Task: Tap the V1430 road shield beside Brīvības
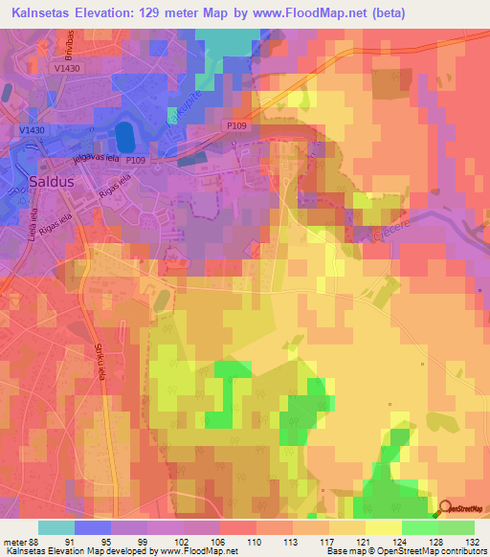(68, 68)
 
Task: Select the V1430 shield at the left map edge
(32, 128)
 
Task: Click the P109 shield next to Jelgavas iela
(137, 161)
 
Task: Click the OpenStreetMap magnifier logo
(446, 510)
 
